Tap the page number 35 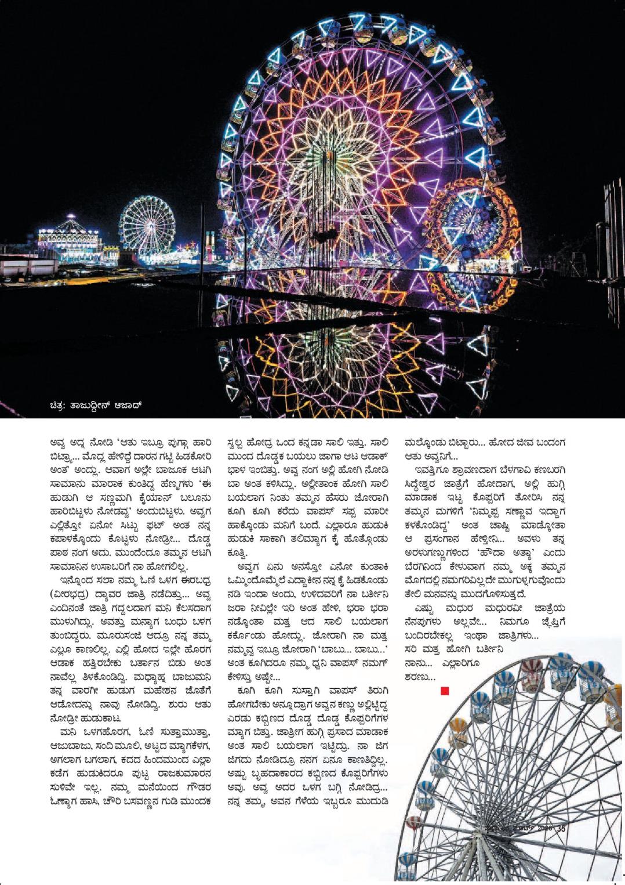561,829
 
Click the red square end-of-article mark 445,690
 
